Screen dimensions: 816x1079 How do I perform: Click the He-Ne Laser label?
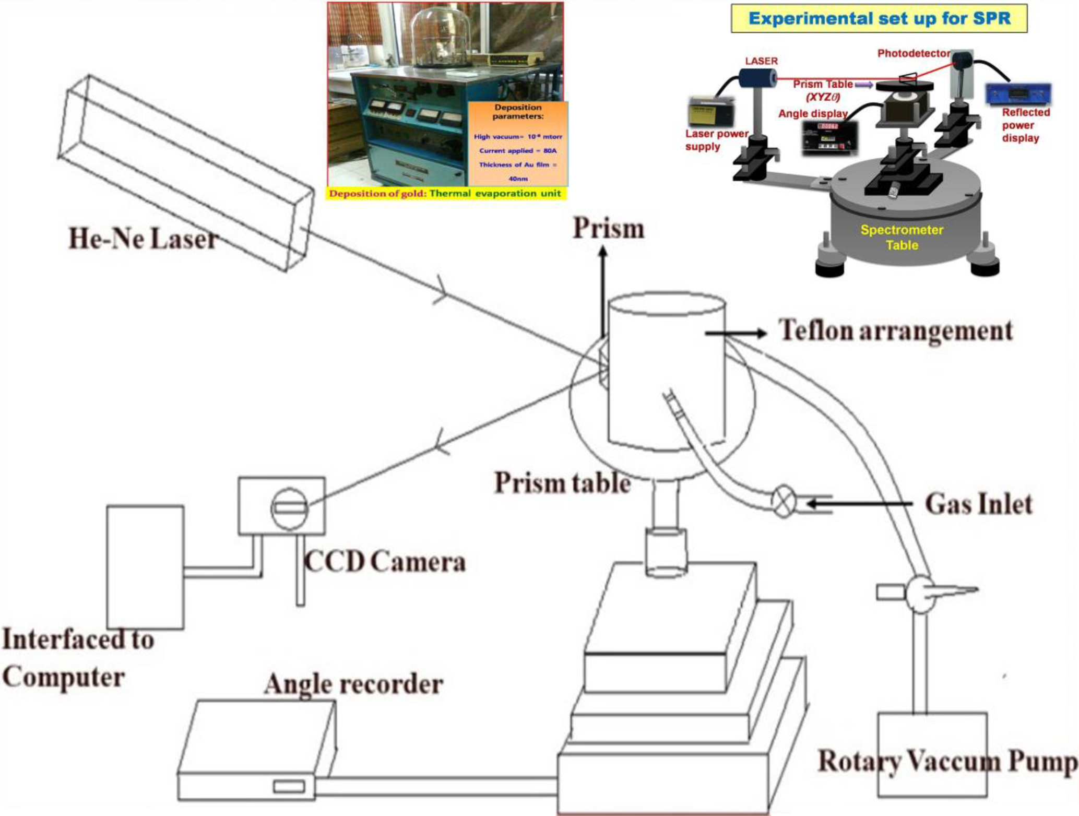[x=143, y=239]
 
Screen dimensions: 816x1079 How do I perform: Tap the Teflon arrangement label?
[x=896, y=331]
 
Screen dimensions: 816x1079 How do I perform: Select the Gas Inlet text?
[x=979, y=504]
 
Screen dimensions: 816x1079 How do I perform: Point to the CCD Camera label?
[x=385, y=562]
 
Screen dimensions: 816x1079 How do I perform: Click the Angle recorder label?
[x=354, y=684]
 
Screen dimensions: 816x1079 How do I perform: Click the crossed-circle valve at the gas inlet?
[x=784, y=501]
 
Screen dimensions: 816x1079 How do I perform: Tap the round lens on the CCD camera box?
[x=289, y=508]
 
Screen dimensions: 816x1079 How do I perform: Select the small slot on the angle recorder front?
[x=289, y=786]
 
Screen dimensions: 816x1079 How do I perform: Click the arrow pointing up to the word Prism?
[x=603, y=292]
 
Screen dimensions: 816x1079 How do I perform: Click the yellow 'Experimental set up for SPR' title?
[x=879, y=19]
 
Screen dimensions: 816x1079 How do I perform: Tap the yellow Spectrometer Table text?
[x=902, y=238]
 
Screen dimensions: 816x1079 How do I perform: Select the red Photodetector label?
[x=913, y=53]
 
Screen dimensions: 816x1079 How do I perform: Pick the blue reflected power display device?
[x=1018, y=94]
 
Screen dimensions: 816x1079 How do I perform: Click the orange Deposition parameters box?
[x=517, y=144]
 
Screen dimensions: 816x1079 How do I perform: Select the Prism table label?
[x=562, y=483]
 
